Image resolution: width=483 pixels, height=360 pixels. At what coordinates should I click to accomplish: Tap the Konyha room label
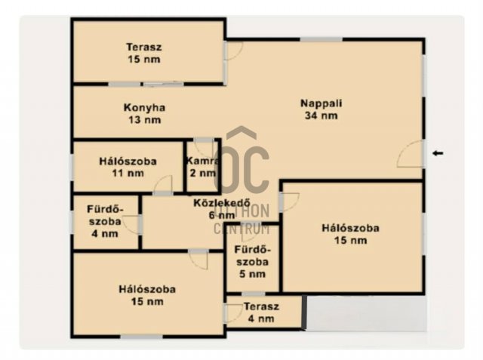click(x=143, y=107)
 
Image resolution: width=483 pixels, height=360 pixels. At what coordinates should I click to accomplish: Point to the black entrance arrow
click(x=438, y=153)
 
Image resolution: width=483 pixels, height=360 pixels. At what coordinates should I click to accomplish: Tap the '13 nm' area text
click(x=143, y=119)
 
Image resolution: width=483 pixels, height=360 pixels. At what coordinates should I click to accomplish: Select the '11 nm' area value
click(x=127, y=174)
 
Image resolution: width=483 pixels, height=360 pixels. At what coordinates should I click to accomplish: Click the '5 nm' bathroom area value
click(x=252, y=274)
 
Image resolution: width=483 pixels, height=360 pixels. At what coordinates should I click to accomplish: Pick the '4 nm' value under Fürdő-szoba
click(x=104, y=234)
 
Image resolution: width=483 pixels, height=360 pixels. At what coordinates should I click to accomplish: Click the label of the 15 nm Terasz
click(x=143, y=47)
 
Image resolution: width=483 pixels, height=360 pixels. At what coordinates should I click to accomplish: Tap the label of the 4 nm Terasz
click(x=261, y=307)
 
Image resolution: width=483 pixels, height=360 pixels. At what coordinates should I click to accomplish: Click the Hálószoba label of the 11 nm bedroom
click(x=127, y=162)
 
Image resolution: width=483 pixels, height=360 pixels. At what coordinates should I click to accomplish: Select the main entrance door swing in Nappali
click(x=410, y=154)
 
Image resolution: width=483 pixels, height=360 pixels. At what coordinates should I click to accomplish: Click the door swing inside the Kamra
click(x=204, y=146)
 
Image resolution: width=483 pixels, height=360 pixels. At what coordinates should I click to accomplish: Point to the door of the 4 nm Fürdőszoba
click(x=133, y=223)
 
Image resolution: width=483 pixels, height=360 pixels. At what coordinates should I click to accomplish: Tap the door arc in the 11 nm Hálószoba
click(x=163, y=185)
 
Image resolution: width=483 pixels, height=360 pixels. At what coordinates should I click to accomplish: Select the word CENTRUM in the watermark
click(x=241, y=229)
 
